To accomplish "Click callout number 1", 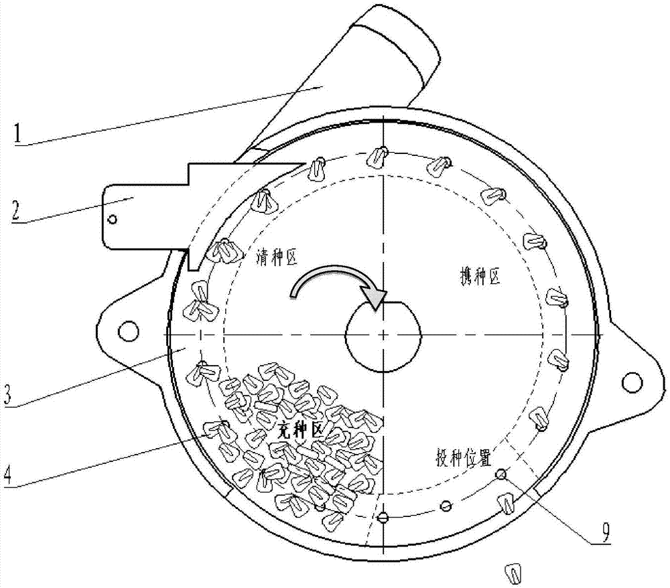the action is tap(17, 134).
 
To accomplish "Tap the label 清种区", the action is tap(277, 257).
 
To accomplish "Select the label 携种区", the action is tap(480, 277).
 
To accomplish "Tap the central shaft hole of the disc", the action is tap(383, 336).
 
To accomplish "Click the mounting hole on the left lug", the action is tap(129, 331).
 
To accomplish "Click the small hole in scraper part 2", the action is tap(113, 220).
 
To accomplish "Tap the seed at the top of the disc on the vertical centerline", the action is tap(377, 156).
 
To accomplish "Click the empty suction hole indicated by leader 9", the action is tap(501, 474).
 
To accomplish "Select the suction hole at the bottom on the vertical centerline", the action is tap(383, 518).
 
